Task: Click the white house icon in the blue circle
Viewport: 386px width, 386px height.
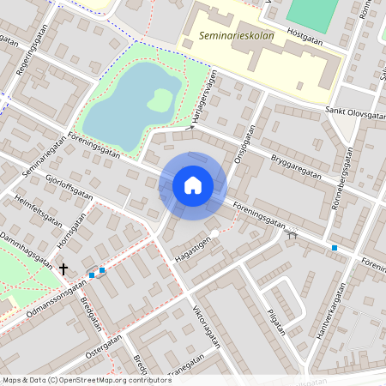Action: click(x=192, y=185)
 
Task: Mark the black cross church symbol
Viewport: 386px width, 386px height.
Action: click(x=63, y=268)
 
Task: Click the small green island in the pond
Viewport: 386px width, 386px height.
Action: click(x=160, y=100)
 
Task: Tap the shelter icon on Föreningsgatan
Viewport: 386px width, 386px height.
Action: click(x=293, y=232)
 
